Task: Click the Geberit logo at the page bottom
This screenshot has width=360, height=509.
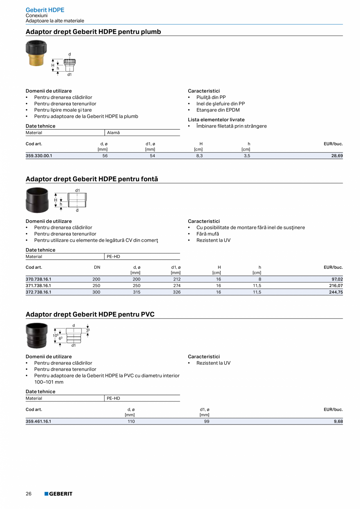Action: click(x=58, y=494)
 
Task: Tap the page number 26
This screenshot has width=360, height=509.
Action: click(x=29, y=494)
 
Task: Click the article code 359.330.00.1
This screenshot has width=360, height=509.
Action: click(x=39, y=156)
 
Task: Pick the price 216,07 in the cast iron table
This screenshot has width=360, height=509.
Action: click(x=335, y=286)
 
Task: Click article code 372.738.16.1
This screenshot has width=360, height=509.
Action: click(x=39, y=292)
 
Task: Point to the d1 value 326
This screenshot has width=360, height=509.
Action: click(x=176, y=292)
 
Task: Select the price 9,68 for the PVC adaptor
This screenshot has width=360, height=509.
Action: click(x=338, y=421)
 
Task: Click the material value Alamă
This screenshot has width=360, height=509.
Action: click(x=113, y=133)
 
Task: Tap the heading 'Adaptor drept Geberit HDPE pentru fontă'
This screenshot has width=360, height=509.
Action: click(x=92, y=179)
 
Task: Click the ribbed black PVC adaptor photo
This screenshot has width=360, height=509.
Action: click(x=36, y=335)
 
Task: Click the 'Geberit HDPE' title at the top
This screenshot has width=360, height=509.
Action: click(x=45, y=10)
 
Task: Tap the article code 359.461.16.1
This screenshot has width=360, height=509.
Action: click(x=39, y=421)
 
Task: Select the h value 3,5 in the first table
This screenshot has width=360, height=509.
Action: click(x=247, y=156)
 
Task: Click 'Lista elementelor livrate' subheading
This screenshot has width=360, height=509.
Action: click(x=216, y=120)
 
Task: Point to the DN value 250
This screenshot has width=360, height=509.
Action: click(x=96, y=286)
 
